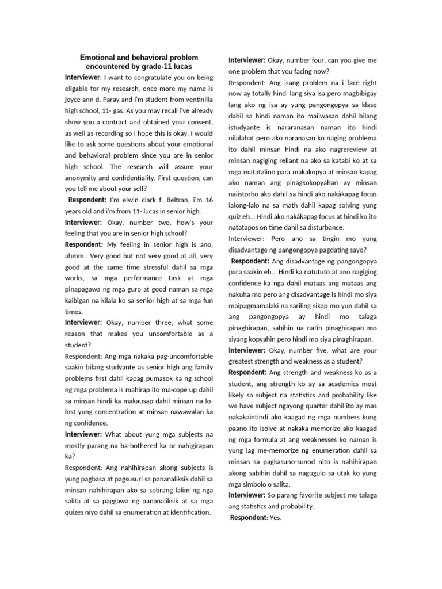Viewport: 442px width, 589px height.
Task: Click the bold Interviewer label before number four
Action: point(247,60)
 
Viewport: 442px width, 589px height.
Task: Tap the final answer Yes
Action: point(276,518)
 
